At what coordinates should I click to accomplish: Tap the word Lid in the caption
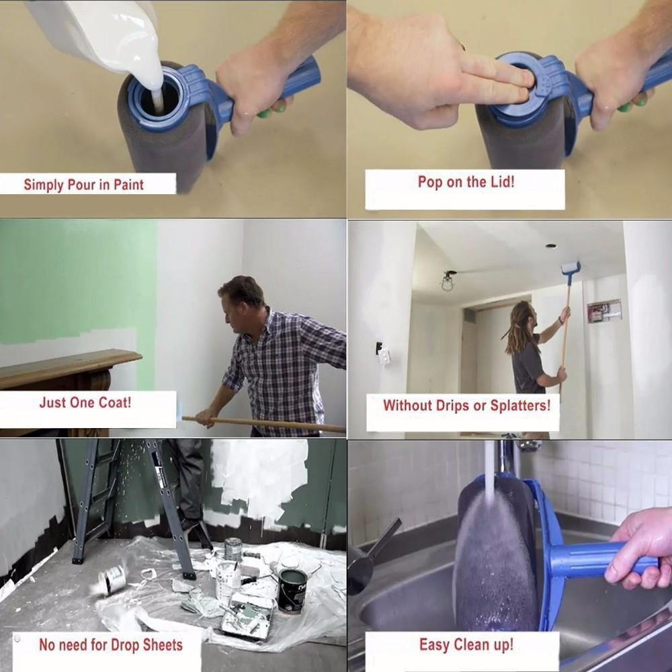pyautogui.click(x=500, y=181)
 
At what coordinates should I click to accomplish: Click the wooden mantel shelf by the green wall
pyautogui.click(x=67, y=366)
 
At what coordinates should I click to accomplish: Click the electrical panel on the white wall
pyautogui.click(x=604, y=310)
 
